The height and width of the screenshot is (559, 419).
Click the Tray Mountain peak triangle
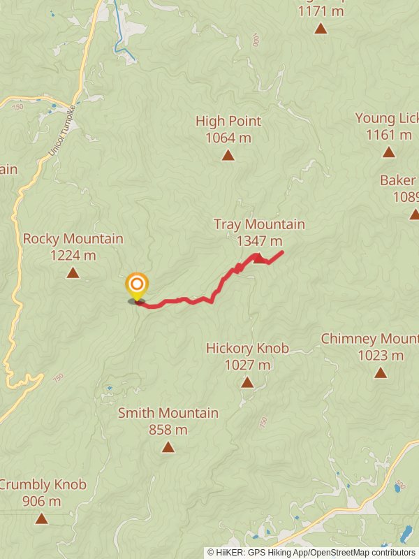tap(259, 259)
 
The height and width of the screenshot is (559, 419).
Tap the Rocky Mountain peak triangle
tap(73, 273)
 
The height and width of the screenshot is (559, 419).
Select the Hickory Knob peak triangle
tap(247, 382)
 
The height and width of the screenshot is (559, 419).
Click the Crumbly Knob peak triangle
tap(42, 518)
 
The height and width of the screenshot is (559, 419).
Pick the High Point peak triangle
tap(228, 155)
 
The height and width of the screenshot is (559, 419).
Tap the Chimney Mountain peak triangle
tap(381, 372)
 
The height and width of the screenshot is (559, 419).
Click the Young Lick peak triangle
tap(389, 152)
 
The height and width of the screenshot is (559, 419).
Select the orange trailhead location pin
tap(137, 285)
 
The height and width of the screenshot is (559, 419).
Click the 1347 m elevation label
tap(259, 241)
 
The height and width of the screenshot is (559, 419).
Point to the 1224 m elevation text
tap(73, 255)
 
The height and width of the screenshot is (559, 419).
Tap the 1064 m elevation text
tap(228, 138)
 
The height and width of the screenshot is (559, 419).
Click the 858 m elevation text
tap(168, 430)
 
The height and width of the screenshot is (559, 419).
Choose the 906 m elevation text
tap(42, 501)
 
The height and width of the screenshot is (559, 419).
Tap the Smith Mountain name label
tap(168, 413)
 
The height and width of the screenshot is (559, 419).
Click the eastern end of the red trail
tap(282, 252)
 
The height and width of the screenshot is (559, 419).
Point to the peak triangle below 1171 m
tap(321, 29)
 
